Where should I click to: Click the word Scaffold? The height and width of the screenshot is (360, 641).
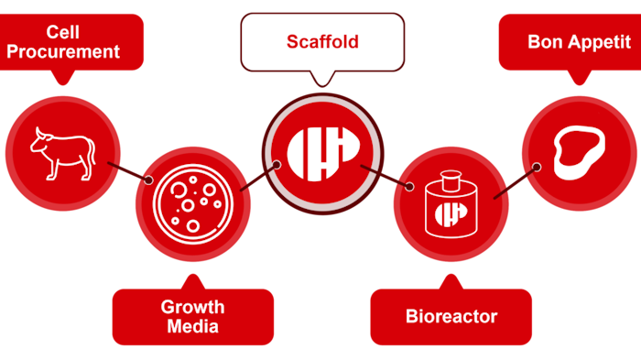[321, 42]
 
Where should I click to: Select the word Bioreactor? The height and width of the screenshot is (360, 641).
[451, 317]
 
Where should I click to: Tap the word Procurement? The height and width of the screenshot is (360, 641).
[63, 51]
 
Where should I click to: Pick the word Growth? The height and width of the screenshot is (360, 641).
[192, 307]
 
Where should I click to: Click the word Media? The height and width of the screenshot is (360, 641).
[192, 326]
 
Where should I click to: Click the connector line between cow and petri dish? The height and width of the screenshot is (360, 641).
[128, 170]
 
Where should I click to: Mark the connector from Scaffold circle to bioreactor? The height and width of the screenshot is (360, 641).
[385, 177]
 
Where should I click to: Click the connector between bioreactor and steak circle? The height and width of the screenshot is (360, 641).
[515, 181]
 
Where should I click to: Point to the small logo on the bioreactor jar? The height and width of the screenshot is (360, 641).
[450, 213]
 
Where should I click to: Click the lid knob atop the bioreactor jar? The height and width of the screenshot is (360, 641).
[450, 174]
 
